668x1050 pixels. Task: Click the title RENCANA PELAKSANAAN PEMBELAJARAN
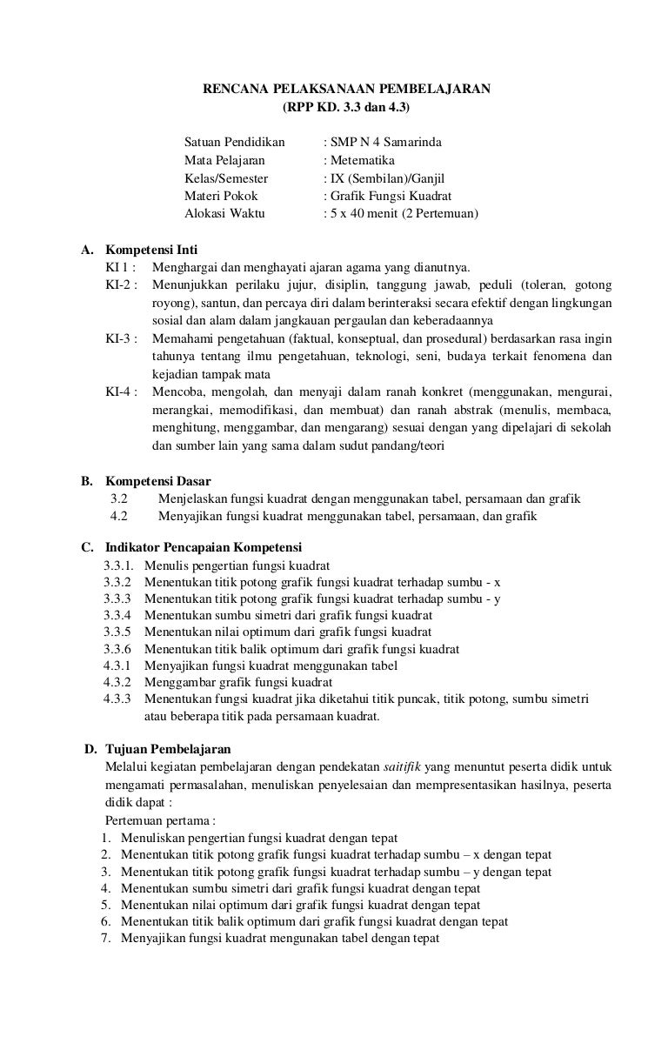(347, 89)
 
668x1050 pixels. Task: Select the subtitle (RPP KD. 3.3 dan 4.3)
(346, 108)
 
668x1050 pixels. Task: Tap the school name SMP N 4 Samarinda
(378, 142)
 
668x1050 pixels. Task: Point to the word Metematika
(361, 160)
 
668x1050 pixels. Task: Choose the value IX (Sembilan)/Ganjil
(391, 177)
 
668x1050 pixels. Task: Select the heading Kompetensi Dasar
(157, 480)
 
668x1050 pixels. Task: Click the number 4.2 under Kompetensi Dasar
(119, 516)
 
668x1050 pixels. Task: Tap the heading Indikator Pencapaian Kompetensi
(203, 548)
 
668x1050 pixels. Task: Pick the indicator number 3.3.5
(117, 632)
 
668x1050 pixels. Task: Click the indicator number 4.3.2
(117, 682)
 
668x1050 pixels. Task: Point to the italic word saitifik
(404, 766)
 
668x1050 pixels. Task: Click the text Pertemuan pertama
(159, 820)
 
